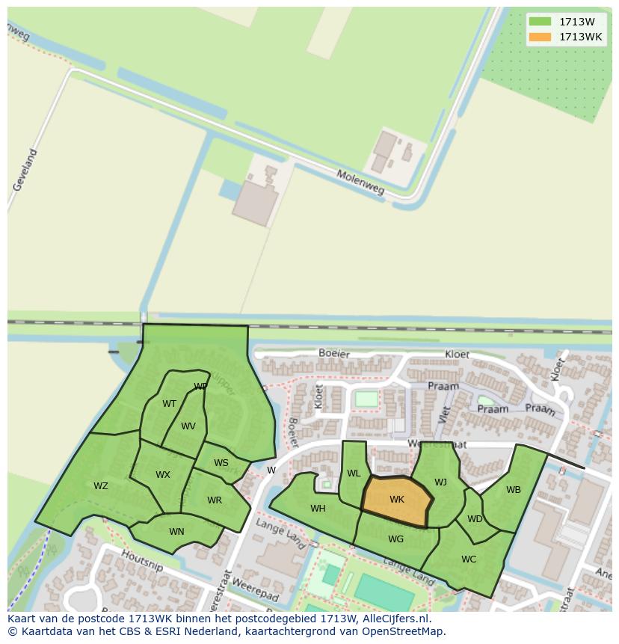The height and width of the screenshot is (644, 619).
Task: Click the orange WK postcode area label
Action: pyautogui.click(x=396, y=500)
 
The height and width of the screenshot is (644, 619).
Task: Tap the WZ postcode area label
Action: pyautogui.click(x=101, y=486)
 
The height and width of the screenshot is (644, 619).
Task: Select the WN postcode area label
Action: pyautogui.click(x=176, y=532)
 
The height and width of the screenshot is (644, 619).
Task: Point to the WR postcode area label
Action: pyautogui.click(x=215, y=500)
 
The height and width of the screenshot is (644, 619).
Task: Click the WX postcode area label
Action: pyautogui.click(x=163, y=475)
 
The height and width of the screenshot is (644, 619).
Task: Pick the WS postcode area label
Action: pyautogui.click(x=221, y=463)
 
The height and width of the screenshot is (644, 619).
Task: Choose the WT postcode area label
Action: pyautogui.click(x=170, y=404)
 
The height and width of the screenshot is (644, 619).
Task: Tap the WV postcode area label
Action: pyautogui.click(x=188, y=426)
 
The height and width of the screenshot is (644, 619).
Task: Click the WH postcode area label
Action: pyautogui.click(x=318, y=509)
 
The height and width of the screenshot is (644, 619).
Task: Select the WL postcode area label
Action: pyautogui.click(x=354, y=473)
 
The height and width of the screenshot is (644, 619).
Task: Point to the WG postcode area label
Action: pyautogui.click(x=396, y=539)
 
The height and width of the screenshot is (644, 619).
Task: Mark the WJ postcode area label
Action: pyautogui.click(x=440, y=482)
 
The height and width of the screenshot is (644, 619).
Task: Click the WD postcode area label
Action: pyautogui.click(x=475, y=518)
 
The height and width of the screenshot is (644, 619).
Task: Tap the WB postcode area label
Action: pyautogui.click(x=514, y=490)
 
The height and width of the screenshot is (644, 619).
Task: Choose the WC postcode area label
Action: pyautogui.click(x=469, y=559)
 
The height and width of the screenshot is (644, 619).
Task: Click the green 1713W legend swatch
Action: pyautogui.click(x=540, y=22)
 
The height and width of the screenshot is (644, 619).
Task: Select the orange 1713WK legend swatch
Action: pyautogui.click(x=540, y=37)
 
